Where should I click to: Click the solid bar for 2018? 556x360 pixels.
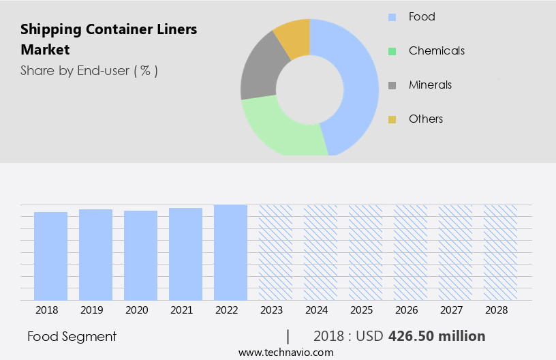(50, 256)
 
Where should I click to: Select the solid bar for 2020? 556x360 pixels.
(140, 255)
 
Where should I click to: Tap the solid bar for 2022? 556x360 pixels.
(230, 252)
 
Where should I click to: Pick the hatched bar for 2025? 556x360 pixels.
(365, 252)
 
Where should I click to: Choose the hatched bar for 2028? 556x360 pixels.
(500, 252)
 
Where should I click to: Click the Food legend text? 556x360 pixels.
(422, 16)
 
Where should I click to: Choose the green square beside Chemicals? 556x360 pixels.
(392, 51)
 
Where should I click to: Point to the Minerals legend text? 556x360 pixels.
(430, 85)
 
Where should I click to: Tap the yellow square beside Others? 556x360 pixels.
(392, 119)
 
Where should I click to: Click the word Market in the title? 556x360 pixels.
(45, 50)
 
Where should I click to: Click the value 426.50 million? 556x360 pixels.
(437, 336)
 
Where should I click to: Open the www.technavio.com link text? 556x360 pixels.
(285, 352)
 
